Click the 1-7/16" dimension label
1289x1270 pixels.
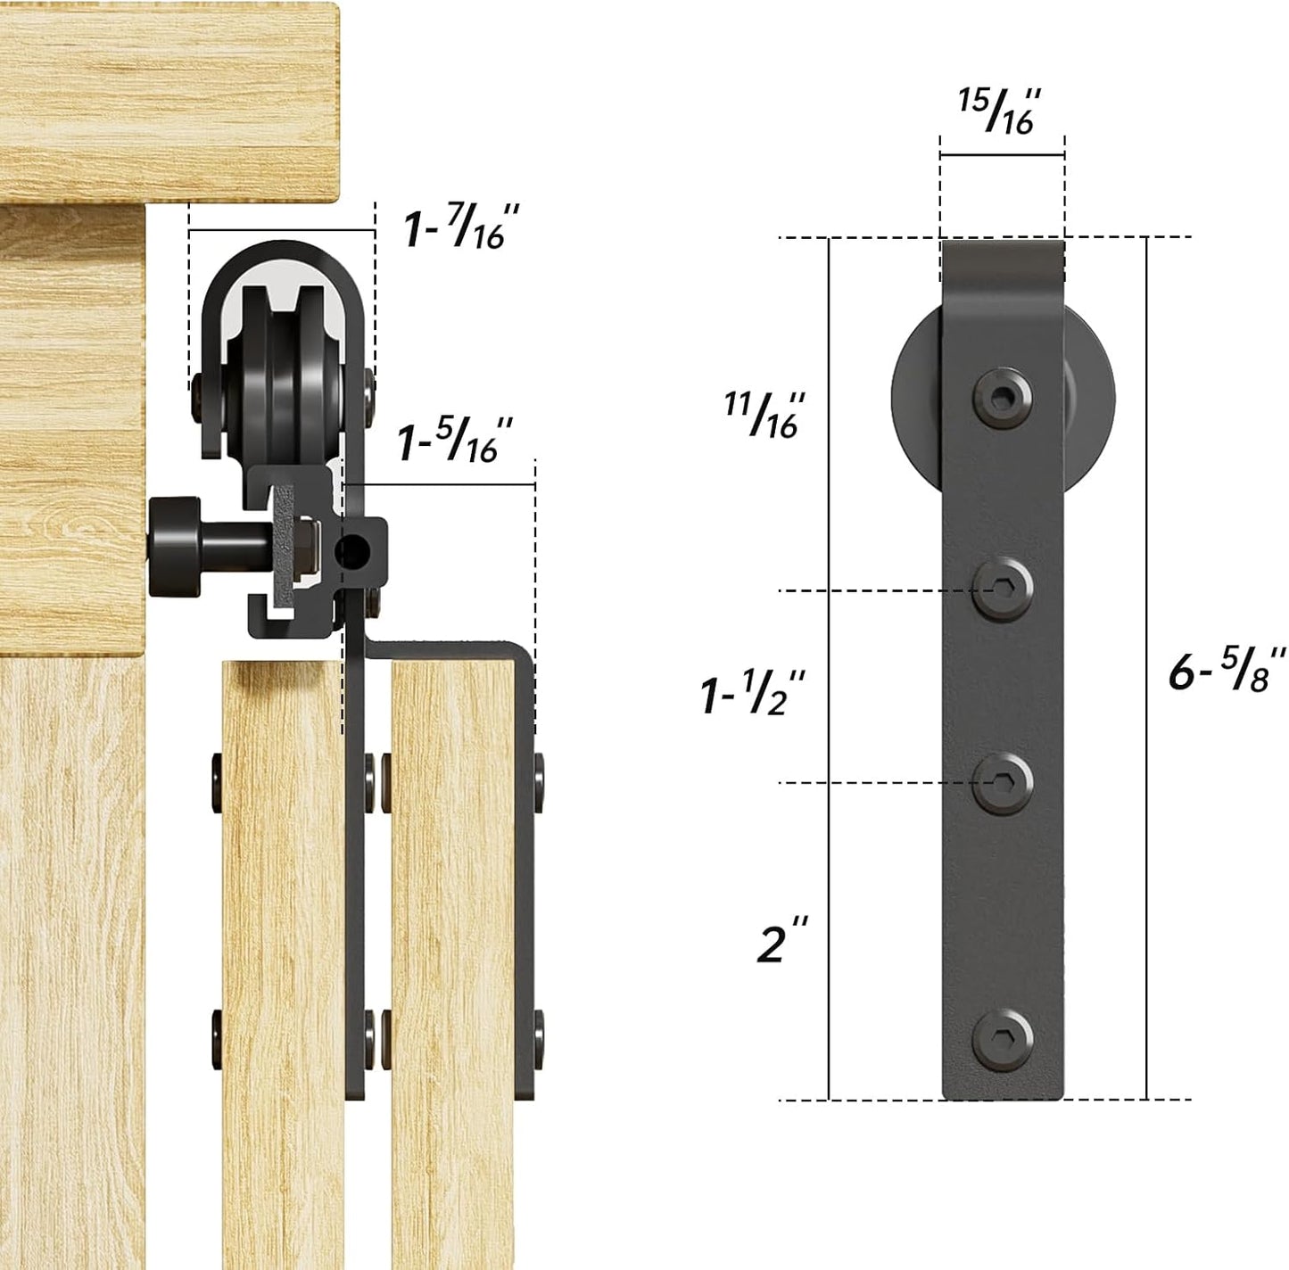coord(454,227)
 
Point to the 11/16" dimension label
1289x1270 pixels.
coord(764,414)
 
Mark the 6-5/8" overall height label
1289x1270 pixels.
coord(1227,670)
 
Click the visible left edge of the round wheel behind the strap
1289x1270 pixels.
coord(913,392)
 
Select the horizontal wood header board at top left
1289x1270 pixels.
coord(169,98)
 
